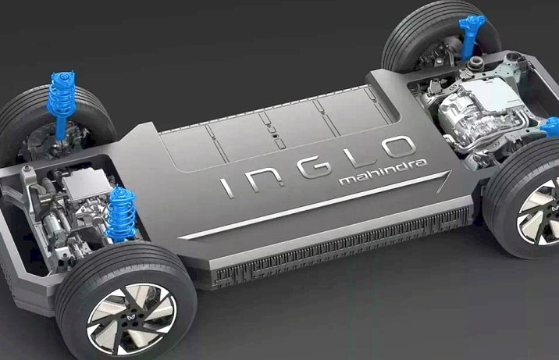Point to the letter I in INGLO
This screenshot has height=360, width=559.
[x=226, y=188]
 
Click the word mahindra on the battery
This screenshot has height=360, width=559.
[x=383, y=173]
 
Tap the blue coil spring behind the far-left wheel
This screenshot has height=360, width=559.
[x=61, y=95]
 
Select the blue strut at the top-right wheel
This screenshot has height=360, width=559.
[x=470, y=35]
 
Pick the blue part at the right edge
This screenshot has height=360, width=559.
[x=550, y=127]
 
